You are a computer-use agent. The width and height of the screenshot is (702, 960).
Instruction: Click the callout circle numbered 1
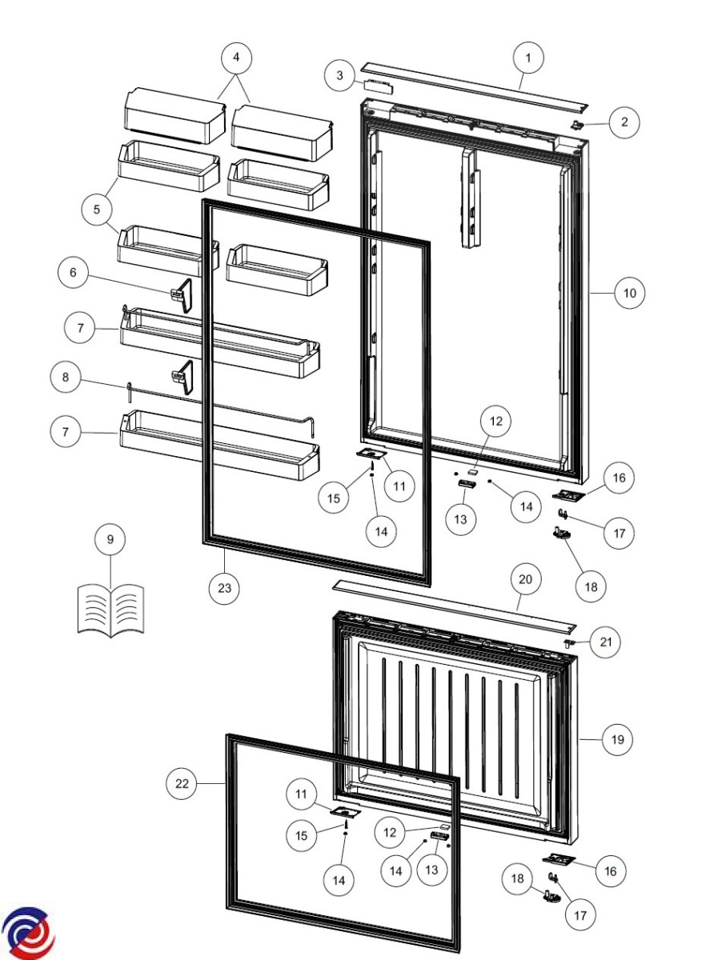(x=528, y=58)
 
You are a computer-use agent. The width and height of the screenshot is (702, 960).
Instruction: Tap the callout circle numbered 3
(x=339, y=75)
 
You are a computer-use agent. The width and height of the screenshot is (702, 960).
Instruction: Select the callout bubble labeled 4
(x=236, y=58)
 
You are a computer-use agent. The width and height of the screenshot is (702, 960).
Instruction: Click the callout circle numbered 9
(x=110, y=539)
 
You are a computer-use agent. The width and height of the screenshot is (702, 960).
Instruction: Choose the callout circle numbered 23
(x=224, y=588)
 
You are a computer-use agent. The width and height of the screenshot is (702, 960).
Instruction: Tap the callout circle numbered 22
(x=182, y=784)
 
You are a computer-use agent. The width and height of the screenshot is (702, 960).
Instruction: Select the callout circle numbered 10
(x=629, y=293)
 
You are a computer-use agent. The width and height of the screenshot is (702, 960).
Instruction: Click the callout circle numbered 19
(x=617, y=739)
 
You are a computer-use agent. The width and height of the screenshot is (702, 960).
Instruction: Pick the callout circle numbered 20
(x=525, y=579)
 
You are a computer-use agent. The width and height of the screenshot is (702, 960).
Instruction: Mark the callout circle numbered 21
(x=605, y=642)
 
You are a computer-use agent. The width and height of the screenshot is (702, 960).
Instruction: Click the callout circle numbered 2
(x=624, y=122)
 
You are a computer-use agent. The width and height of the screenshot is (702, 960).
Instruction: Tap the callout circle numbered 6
(x=73, y=272)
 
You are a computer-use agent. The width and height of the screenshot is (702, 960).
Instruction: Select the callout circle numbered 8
(x=65, y=377)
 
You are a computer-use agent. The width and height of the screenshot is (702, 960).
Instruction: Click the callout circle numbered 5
(x=97, y=209)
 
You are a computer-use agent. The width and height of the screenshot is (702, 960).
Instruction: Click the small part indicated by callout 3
(x=378, y=84)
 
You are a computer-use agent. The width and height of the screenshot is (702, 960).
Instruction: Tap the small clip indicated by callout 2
(x=576, y=125)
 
